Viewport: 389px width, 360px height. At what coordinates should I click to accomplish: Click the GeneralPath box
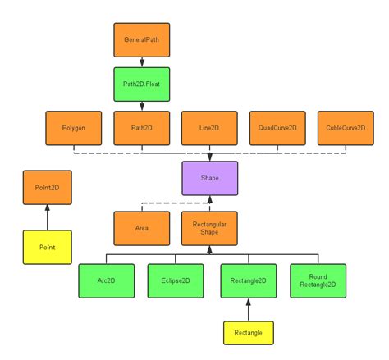tap(141, 39)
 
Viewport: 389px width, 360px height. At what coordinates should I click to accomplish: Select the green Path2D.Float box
tap(141, 84)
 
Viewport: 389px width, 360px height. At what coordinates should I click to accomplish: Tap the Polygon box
tap(74, 128)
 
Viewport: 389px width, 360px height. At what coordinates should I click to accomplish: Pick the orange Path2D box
tap(141, 128)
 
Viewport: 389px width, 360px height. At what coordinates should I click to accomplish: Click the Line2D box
tap(209, 128)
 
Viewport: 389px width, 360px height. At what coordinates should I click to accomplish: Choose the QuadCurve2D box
tap(277, 128)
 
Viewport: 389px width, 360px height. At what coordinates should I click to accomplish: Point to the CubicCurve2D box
tap(346, 128)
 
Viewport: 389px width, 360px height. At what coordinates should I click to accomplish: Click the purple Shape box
tap(209, 178)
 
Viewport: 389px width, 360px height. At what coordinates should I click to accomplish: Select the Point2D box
tap(47, 188)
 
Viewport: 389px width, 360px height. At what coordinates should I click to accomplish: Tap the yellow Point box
tap(47, 247)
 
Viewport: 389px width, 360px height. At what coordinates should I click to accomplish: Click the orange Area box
tap(141, 229)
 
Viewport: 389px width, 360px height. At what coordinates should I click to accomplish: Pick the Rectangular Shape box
tap(209, 229)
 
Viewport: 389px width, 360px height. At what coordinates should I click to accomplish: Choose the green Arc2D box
tap(106, 280)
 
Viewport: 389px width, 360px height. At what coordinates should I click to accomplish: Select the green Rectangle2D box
tap(248, 280)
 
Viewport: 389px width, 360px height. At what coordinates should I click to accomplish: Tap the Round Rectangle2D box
tap(318, 280)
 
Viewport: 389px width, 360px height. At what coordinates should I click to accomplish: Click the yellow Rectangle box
tap(248, 333)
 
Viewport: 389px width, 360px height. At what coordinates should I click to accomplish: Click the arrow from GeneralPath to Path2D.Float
tap(141, 62)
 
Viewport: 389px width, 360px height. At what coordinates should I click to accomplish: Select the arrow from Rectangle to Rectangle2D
tap(248, 309)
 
